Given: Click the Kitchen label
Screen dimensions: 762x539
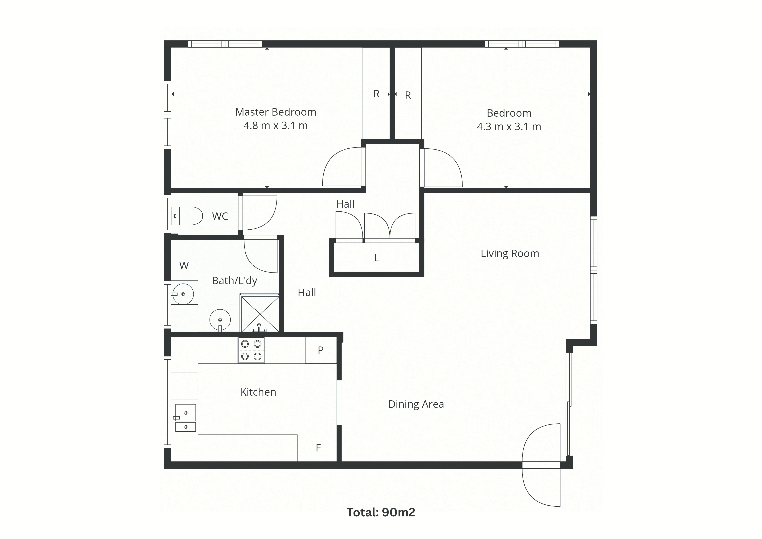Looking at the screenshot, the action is (258, 392).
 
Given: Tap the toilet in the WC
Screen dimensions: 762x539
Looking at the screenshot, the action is (187, 216).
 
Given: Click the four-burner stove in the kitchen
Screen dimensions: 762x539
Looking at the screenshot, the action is (251, 350).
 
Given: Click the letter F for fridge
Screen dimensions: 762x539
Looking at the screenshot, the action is (318, 448).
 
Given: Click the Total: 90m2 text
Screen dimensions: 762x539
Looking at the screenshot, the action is (381, 512).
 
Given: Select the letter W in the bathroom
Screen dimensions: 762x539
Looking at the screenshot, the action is (184, 266).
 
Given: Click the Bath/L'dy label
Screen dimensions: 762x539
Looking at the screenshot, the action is (235, 281).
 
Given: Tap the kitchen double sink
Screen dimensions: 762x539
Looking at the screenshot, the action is (185, 418).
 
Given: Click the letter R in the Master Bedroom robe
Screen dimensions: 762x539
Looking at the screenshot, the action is (376, 94).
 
